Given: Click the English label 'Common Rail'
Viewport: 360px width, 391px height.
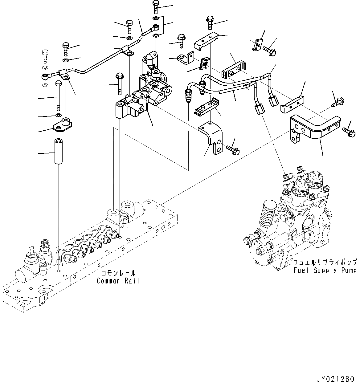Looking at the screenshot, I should [x=118, y=281].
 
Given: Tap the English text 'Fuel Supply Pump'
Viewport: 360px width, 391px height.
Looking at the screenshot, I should [x=325, y=270].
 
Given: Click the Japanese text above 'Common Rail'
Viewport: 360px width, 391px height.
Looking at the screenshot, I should [x=118, y=273].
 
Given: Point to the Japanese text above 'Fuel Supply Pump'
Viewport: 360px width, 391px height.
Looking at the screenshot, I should [x=325, y=263].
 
